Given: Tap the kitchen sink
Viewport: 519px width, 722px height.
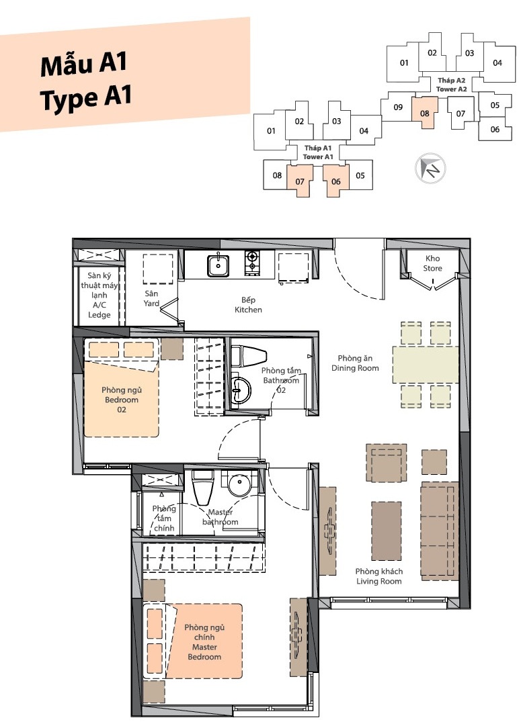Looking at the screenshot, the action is coord(218,265).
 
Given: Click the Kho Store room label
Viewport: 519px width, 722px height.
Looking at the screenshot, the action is coord(432,263).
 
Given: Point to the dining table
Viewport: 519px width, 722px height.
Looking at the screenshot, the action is coord(426,365).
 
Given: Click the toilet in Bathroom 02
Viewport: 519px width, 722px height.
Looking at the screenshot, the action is coord(249,356).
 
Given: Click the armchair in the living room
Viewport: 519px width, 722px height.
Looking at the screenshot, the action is coord(387,463).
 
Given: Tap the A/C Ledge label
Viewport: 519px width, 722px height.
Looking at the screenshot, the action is coord(99,310).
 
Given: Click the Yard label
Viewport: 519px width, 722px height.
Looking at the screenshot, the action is coord(151,304).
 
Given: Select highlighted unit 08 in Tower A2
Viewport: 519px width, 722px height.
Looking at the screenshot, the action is coord(424,113).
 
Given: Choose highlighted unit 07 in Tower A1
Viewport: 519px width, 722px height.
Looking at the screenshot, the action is coord(300,181).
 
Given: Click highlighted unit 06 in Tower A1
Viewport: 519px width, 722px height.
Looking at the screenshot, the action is coord(335,181).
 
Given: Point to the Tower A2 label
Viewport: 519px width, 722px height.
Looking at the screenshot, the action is coord(451,89).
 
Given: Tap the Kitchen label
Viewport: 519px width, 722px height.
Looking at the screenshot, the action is coord(248,310).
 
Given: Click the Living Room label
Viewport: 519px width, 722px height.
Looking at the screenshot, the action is coord(378,581).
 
